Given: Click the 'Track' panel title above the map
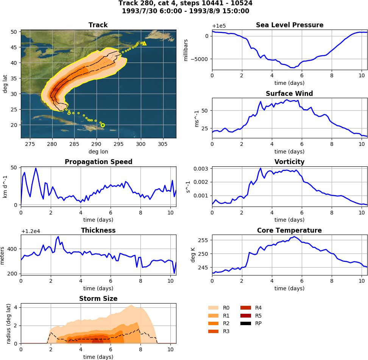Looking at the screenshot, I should click(98, 25).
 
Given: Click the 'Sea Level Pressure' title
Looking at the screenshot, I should click(290, 25).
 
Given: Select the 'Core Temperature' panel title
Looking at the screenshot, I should click(289, 230).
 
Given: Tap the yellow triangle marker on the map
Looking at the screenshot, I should click(144, 43).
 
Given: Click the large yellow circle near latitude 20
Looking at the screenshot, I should click(103, 125).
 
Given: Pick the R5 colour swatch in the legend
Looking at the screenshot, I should click(246, 316).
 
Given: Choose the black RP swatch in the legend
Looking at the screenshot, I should click(246, 323).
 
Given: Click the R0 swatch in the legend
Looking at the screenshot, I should click(214, 308).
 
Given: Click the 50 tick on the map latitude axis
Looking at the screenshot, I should click(15, 32).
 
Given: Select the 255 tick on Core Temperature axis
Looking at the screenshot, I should click(204, 240).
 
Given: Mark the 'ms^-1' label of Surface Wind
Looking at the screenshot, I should click(196, 118).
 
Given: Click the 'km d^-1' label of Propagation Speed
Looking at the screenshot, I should click(5, 186).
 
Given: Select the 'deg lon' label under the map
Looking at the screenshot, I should click(98, 151).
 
